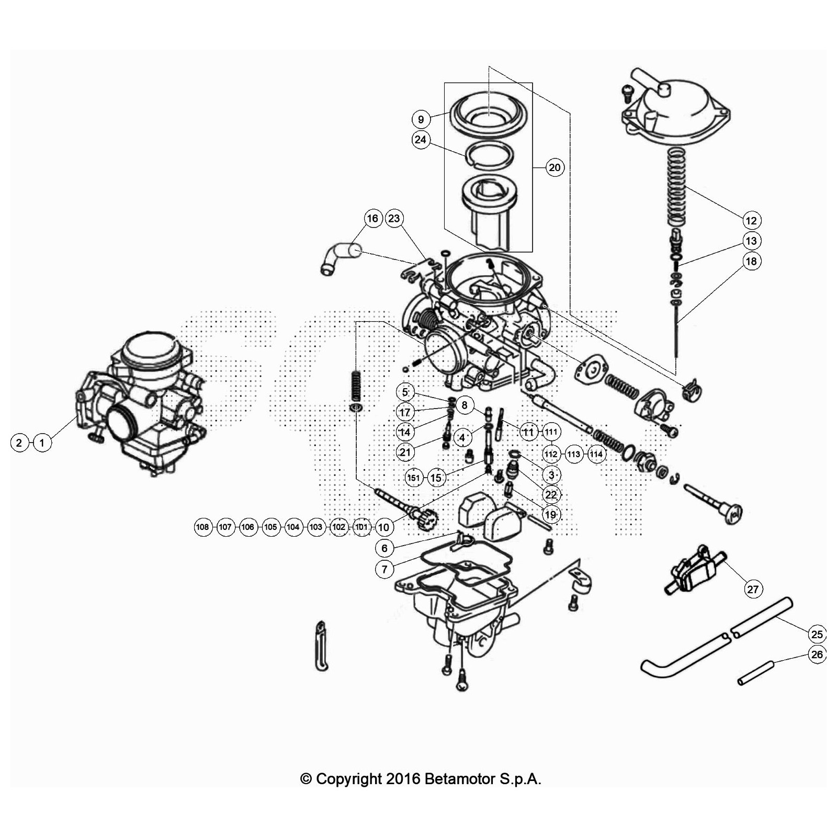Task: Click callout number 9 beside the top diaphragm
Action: (x=421, y=119)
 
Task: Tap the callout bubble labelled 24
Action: (x=421, y=140)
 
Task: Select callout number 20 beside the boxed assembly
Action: (x=555, y=167)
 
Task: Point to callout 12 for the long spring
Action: (x=751, y=220)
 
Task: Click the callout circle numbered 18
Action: (x=751, y=261)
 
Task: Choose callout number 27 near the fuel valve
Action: (x=752, y=590)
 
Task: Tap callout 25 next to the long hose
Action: (x=817, y=634)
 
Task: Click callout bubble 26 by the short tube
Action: (x=817, y=654)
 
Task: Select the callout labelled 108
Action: (x=202, y=527)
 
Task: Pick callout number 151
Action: (x=414, y=478)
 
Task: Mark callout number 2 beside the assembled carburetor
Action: (x=19, y=443)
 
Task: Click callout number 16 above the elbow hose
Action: (x=372, y=218)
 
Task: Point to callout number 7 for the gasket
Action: (x=384, y=569)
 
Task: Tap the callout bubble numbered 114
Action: (x=596, y=454)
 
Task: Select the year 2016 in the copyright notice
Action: (x=403, y=779)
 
